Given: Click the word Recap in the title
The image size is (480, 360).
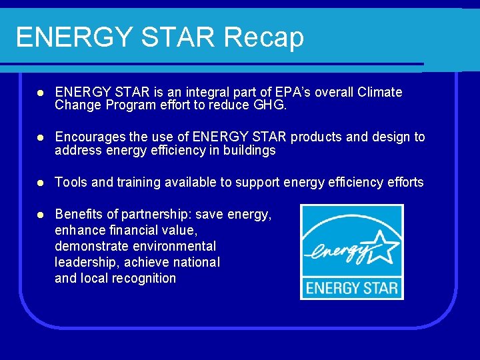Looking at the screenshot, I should tap(264, 37).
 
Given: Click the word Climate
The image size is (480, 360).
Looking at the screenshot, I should tap(380, 92).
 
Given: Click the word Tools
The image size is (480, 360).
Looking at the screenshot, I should tap(69, 182).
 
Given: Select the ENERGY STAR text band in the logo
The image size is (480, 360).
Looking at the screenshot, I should tap(351, 289).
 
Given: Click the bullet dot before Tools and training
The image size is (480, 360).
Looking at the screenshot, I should tap(40, 183).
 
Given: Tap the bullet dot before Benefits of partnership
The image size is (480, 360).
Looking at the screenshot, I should tap(40, 215).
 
